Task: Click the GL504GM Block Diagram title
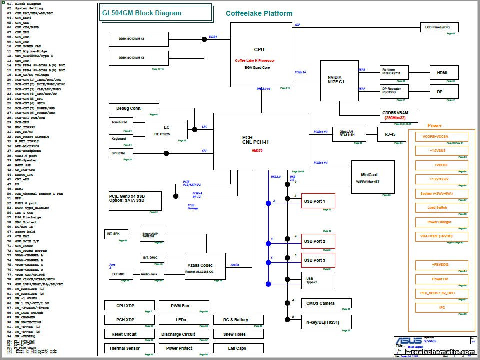click(x=142, y=13)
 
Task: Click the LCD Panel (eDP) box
click(x=437, y=28)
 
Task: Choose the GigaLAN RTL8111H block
click(x=347, y=134)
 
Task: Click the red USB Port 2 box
click(x=318, y=241)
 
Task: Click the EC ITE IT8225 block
click(x=167, y=129)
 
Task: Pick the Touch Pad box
click(x=120, y=122)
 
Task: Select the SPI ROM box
click(x=120, y=153)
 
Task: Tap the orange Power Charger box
click(x=441, y=222)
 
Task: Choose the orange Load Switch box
click(x=441, y=208)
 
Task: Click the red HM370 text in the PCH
click(x=257, y=150)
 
